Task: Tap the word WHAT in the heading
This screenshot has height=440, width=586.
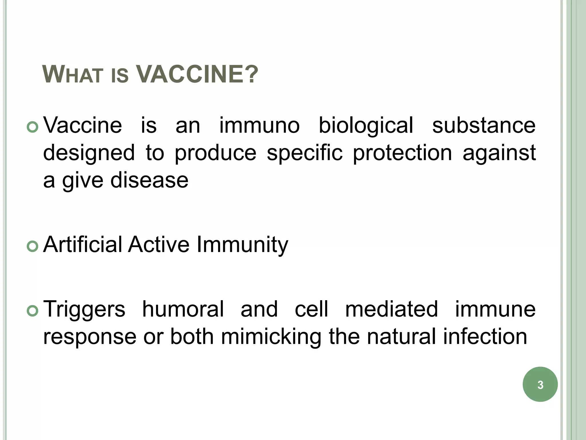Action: click(x=73, y=75)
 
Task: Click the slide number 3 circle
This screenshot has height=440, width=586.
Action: click(x=540, y=384)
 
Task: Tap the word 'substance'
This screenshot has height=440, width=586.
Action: click(x=484, y=125)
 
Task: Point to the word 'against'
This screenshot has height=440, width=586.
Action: click(x=499, y=153)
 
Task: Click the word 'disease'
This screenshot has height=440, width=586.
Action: click(x=149, y=180)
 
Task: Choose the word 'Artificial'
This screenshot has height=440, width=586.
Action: click(x=83, y=245)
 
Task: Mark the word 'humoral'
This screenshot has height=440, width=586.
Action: click(x=183, y=309)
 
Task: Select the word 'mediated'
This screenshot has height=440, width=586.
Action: click(x=391, y=309)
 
